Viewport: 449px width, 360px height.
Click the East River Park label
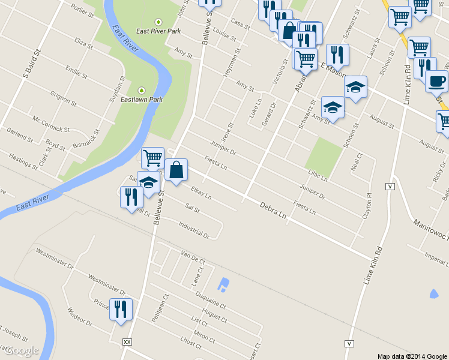click(x=158, y=31)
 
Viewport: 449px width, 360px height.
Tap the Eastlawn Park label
click(x=142, y=99)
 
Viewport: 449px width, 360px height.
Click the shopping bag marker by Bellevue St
click(x=176, y=170)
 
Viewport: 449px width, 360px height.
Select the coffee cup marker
click(x=436, y=80)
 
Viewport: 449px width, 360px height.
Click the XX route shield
click(x=127, y=341)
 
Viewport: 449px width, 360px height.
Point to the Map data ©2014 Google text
click(x=412, y=356)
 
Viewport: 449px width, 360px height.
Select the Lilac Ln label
click(x=318, y=175)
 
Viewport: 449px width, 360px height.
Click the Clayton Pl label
click(x=367, y=206)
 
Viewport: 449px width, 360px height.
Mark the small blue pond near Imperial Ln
click(x=433, y=294)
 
